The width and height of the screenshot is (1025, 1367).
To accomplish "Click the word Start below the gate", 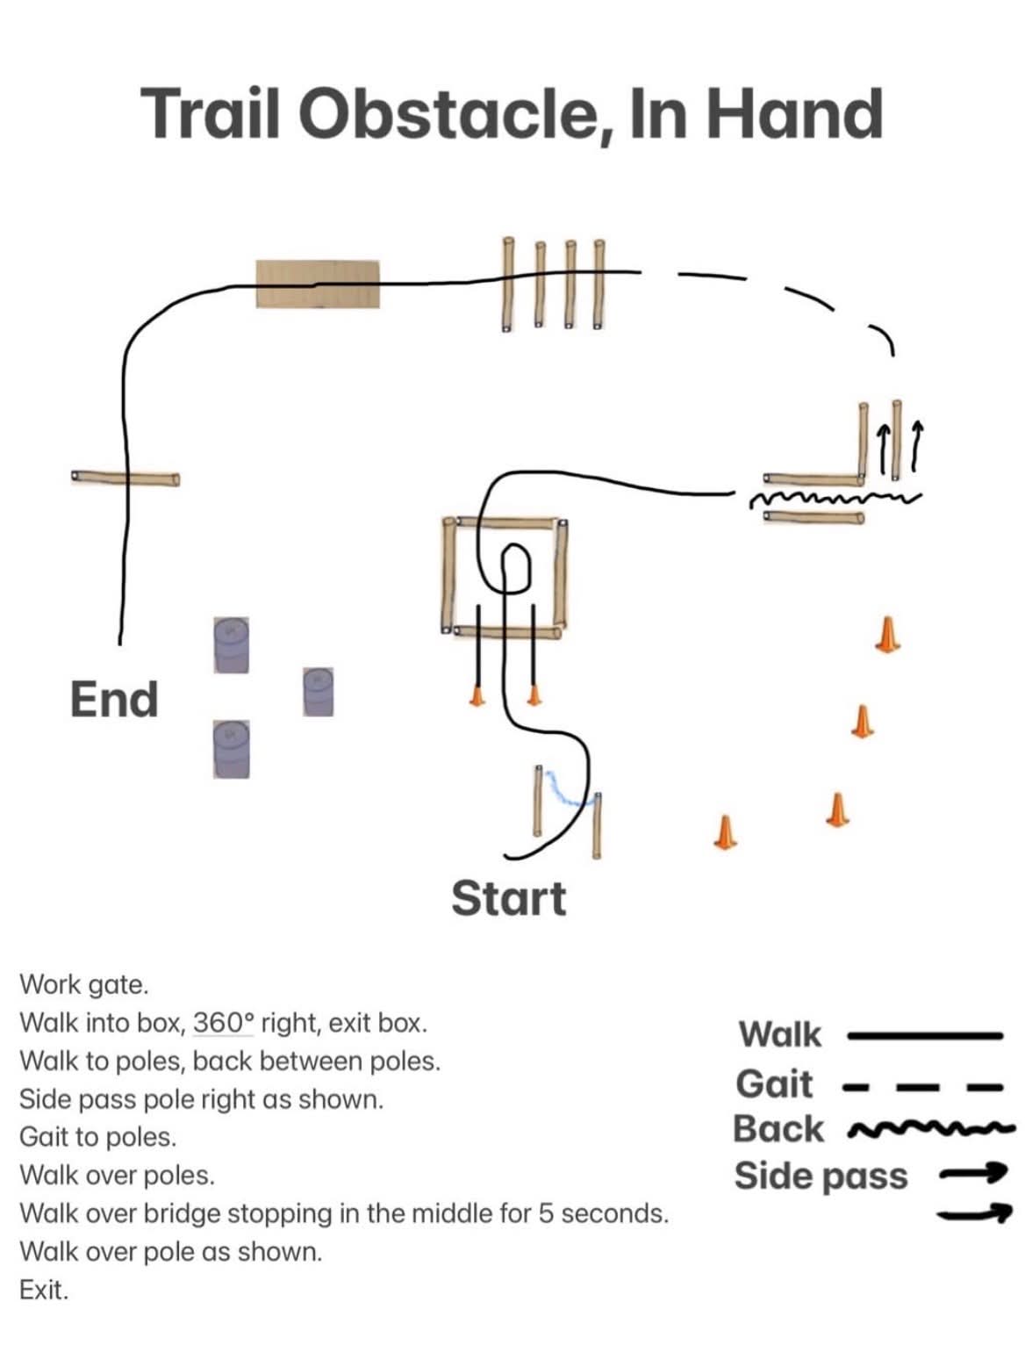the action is click(508, 898).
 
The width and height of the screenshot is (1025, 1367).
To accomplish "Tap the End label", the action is click(114, 699).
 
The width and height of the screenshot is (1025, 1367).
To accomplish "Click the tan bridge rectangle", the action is click(318, 284).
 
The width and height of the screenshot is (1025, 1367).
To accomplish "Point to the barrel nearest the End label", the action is click(231, 645).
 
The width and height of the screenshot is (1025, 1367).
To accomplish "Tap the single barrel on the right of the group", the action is click(318, 692).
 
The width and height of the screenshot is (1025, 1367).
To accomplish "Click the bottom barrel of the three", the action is click(232, 749).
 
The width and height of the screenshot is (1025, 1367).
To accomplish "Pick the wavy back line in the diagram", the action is click(835, 499).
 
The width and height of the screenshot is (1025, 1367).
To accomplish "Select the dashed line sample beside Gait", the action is click(923, 1088).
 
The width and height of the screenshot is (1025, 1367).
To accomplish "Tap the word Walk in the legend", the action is click(780, 1034).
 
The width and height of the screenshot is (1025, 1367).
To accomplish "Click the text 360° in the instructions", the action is click(224, 1022).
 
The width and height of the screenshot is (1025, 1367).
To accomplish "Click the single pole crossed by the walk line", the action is click(125, 478).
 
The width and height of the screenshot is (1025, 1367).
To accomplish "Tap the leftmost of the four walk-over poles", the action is click(508, 284).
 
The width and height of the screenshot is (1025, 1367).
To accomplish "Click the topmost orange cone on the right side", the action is click(887, 635).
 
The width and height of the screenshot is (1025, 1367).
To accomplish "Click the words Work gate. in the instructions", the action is click(84, 985).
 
